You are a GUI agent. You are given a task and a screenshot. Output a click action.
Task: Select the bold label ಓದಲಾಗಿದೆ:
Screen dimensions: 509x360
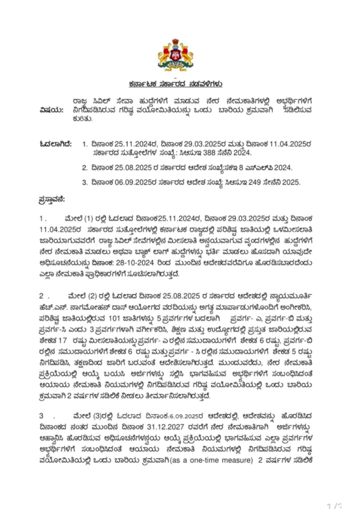(56, 144)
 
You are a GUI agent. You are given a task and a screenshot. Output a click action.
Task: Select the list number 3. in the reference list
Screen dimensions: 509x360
(85, 182)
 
